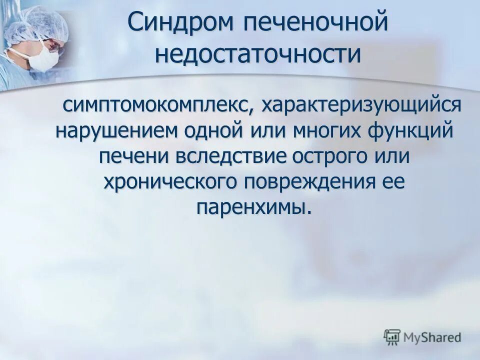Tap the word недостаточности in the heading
click(x=257, y=52)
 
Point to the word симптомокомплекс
click(x=158, y=105)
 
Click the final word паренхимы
click(x=255, y=206)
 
